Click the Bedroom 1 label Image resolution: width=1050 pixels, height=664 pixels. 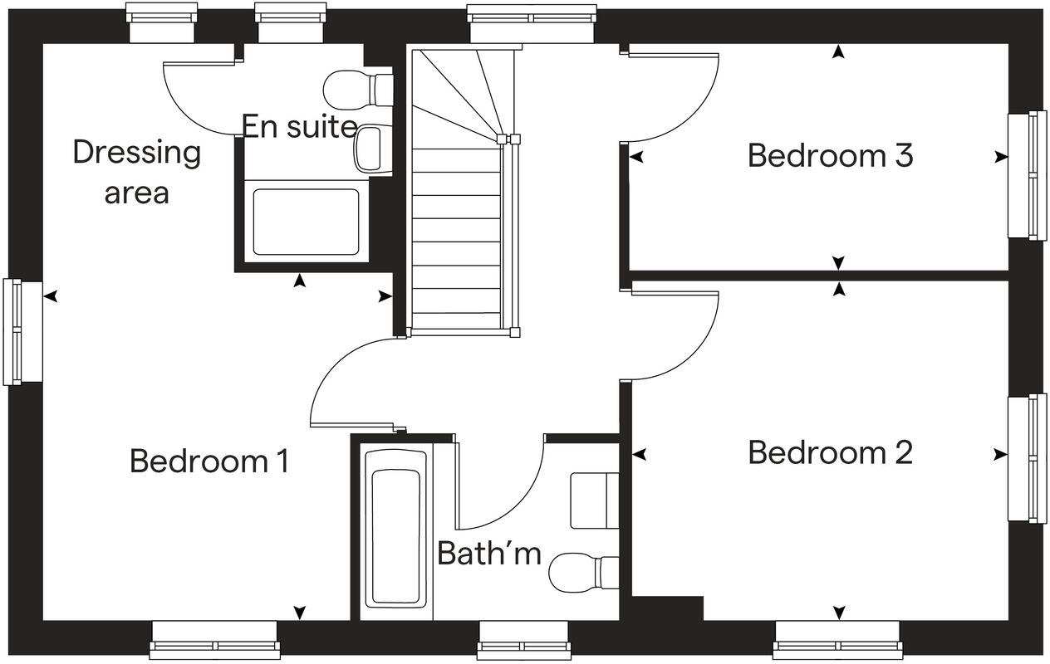pos(209,461)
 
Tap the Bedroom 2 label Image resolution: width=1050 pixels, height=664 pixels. pos(830,453)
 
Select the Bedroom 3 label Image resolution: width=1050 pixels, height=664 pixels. pos(830,155)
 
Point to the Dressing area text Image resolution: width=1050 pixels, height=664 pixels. pos(136,172)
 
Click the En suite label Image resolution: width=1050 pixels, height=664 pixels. pos(299,127)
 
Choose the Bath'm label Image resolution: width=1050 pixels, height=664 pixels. pos(488,553)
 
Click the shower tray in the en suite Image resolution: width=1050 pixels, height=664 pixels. pos(306,222)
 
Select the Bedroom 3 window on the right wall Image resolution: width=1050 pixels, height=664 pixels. pos(1027,174)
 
